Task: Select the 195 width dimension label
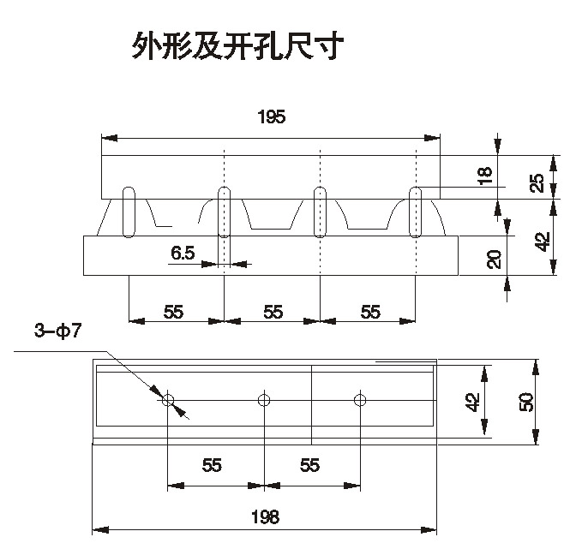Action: (271, 118)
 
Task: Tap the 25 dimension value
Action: (537, 182)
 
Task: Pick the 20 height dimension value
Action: (495, 259)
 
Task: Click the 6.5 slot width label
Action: (183, 252)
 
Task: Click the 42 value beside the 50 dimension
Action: (471, 401)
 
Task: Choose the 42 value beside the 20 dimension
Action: (543, 242)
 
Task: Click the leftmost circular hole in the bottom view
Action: (167, 399)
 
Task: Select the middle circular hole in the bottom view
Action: (264, 399)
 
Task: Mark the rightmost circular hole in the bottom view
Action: (360, 399)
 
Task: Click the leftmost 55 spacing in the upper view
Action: (175, 312)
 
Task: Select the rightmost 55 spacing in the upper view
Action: (370, 312)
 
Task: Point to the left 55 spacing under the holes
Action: (213, 464)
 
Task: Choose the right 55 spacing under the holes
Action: (310, 464)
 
